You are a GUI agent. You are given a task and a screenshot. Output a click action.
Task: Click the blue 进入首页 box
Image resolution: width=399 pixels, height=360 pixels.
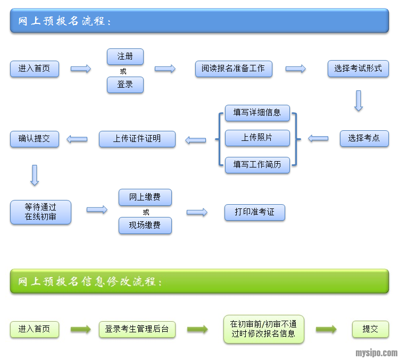[x=35, y=69]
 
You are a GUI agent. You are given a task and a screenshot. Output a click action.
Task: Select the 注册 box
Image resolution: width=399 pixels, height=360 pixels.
[x=125, y=56]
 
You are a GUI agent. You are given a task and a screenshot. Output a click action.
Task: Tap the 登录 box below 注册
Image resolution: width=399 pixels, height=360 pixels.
[x=125, y=85]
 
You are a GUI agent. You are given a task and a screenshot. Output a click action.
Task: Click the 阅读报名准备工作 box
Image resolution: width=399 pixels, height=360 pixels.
[x=234, y=69]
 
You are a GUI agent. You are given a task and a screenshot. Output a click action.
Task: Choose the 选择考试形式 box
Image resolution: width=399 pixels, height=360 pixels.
[x=358, y=69]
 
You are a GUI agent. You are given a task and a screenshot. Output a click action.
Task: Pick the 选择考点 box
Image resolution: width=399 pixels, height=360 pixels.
[x=364, y=138]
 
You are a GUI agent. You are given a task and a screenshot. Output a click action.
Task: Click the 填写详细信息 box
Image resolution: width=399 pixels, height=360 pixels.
[x=257, y=113]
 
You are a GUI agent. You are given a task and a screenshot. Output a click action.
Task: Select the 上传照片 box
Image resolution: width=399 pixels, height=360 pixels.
[x=257, y=138]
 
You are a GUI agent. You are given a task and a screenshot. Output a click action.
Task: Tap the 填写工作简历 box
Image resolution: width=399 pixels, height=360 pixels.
[x=257, y=165]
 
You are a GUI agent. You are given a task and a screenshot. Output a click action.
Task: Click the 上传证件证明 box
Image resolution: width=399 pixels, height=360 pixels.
[x=137, y=139]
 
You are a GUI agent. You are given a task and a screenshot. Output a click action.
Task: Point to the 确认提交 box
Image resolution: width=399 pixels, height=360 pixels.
[x=35, y=139]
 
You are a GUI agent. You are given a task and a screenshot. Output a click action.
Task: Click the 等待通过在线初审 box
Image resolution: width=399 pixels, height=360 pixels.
[x=40, y=212]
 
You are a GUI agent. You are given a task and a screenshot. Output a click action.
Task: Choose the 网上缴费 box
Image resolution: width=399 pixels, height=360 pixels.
[x=145, y=197]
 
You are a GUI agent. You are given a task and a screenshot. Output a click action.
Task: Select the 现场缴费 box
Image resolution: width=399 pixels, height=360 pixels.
[x=145, y=225]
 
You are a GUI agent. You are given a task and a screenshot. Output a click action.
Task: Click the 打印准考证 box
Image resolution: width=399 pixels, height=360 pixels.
[x=255, y=212]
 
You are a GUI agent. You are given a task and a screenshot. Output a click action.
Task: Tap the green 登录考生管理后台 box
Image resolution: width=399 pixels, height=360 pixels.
[x=137, y=329]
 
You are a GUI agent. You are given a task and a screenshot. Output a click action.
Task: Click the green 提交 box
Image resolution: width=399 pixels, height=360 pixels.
[x=370, y=329]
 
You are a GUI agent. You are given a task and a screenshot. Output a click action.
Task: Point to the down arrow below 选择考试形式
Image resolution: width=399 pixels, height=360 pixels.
[x=359, y=101]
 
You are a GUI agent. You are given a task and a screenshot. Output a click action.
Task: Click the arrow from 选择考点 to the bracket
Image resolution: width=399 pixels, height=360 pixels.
[x=318, y=139]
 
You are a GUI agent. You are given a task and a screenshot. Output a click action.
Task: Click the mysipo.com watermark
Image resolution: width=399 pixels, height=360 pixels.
[x=376, y=353]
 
